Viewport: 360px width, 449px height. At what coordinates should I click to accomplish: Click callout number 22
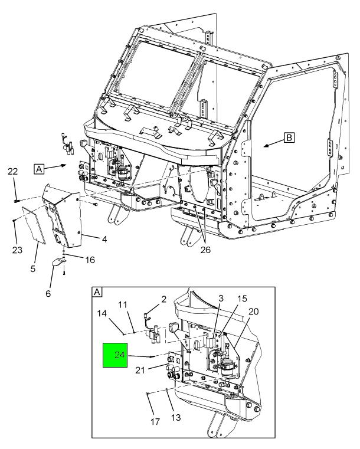(12, 172)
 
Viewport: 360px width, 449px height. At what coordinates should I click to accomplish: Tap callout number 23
(17, 250)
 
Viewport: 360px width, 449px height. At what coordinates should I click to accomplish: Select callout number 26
(205, 250)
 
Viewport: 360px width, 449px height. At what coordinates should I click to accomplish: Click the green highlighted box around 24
(115, 355)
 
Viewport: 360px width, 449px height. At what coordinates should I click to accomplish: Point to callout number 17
(155, 421)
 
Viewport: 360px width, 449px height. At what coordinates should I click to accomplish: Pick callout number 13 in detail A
(176, 417)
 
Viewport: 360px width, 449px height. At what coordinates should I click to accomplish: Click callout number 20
(254, 312)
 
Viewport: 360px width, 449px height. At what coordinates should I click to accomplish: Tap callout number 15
(242, 299)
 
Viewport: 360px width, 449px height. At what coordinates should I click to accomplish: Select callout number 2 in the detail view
(163, 299)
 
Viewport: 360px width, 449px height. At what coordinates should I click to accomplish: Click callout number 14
(102, 313)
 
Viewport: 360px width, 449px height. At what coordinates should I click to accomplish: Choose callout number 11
(123, 304)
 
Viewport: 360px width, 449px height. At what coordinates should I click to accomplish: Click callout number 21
(140, 371)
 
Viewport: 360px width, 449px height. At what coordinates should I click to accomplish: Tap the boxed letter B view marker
(289, 137)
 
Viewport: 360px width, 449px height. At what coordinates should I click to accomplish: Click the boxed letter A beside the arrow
(39, 169)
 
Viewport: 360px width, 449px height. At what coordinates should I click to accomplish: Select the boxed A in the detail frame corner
(97, 292)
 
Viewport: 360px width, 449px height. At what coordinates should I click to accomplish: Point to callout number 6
(48, 293)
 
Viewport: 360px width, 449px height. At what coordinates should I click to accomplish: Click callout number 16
(90, 260)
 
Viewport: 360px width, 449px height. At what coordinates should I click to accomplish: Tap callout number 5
(33, 269)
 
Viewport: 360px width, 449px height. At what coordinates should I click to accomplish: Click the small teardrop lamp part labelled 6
(58, 262)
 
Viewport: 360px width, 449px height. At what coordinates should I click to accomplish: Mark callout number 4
(104, 239)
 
